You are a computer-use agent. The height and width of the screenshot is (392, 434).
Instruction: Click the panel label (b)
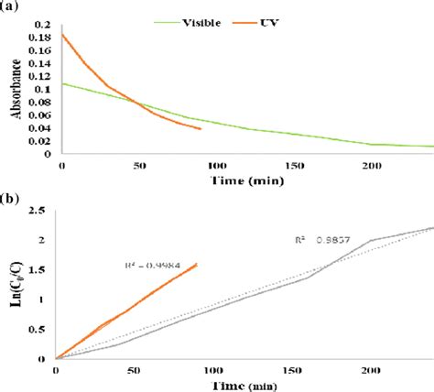point(11,197)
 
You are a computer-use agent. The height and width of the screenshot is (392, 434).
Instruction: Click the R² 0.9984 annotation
point(151,267)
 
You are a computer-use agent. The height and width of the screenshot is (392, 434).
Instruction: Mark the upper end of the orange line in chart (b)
point(196,266)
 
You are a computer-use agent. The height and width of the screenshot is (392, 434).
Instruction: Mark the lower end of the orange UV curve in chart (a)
point(200,129)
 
